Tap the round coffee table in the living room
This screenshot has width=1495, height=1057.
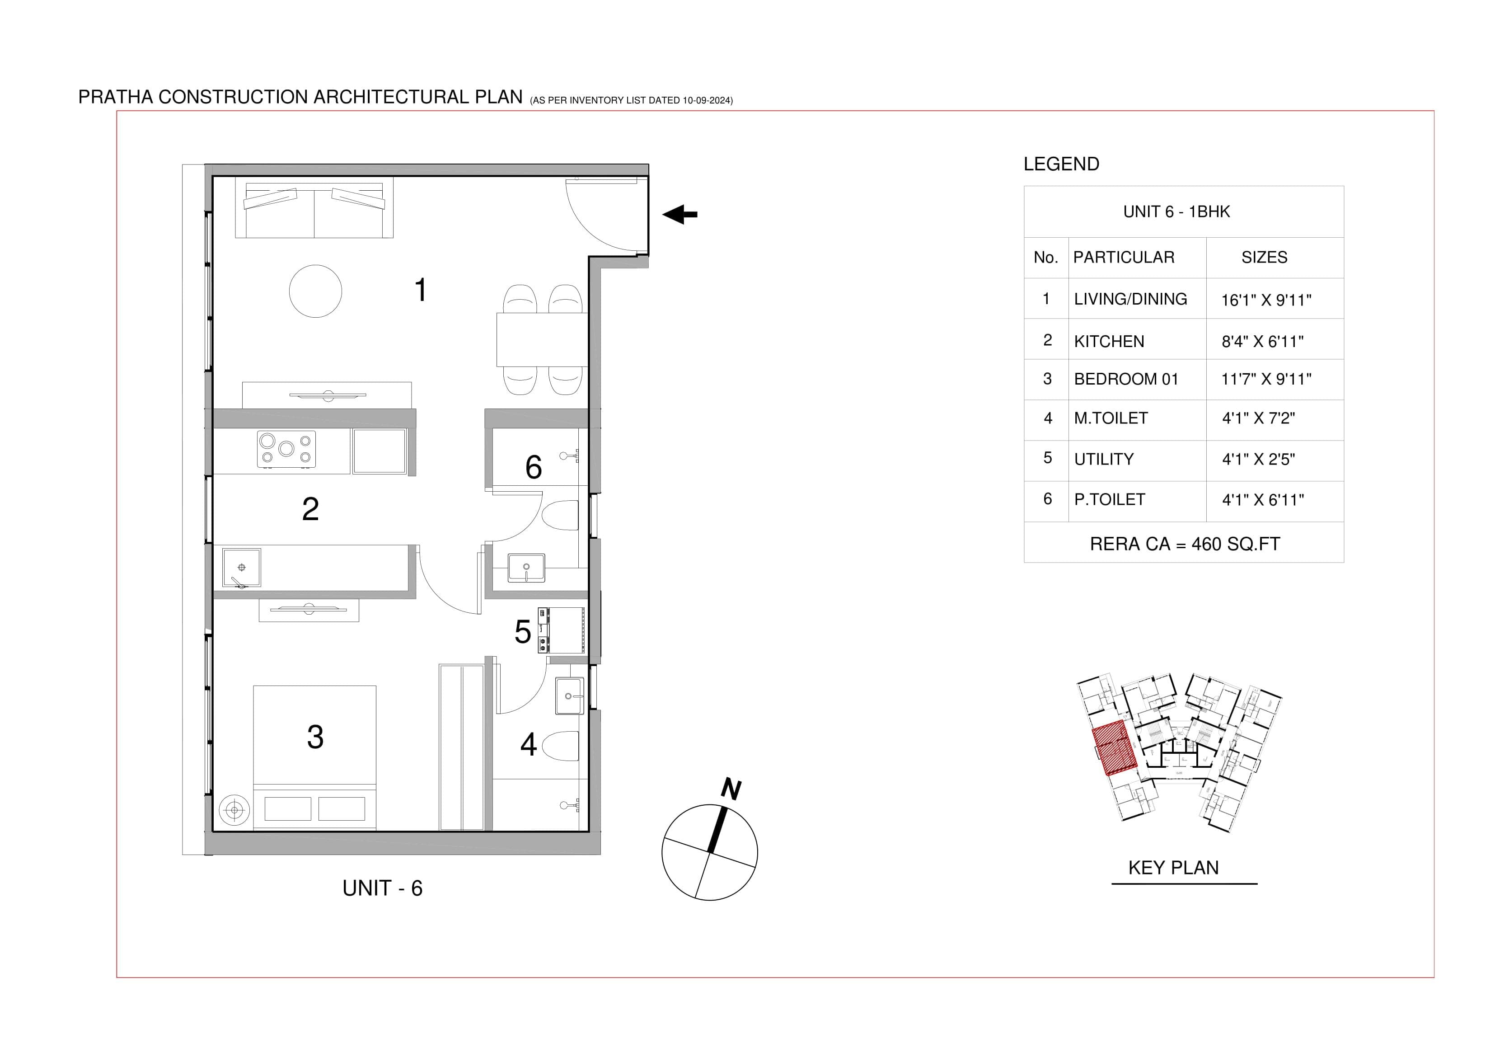pos(315,291)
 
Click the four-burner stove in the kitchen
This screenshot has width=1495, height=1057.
pos(286,449)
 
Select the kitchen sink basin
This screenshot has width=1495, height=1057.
pos(242,567)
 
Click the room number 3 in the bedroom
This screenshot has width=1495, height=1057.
pos(315,737)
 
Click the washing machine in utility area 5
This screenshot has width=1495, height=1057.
pos(561,630)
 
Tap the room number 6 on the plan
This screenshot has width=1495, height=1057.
pos(533,467)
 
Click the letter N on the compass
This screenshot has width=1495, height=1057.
pos(731,789)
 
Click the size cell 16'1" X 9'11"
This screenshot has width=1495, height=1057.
pos(1266,300)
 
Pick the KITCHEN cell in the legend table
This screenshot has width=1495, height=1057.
pos(1109,341)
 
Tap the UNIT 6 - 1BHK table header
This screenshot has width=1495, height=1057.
pos(1176,211)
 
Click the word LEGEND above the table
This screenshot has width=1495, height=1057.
pos(1061,164)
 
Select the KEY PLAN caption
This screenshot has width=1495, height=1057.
pos(1173,868)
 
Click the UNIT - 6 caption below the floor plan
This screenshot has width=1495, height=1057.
pos(382,888)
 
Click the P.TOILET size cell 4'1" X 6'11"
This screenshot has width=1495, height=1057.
pos(1262,500)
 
